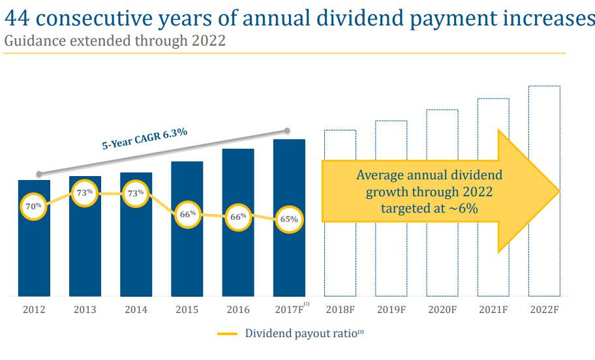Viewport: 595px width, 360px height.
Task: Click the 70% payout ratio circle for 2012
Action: pos(34,206)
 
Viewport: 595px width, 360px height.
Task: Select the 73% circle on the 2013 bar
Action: pos(85,193)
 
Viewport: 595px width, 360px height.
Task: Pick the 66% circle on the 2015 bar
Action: pos(187,215)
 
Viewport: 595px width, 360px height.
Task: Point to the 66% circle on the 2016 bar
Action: pos(238,217)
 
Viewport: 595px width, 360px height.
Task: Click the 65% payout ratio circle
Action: pos(289,220)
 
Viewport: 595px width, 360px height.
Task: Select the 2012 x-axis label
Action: pos(34,310)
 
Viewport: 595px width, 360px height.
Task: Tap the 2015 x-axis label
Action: pos(187,310)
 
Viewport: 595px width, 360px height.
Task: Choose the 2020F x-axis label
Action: pos(442,310)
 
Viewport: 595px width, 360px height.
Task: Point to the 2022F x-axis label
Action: pos(544,310)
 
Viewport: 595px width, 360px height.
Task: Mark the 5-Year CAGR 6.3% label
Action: pos(144,139)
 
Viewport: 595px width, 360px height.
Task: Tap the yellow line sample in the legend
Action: pos(227,334)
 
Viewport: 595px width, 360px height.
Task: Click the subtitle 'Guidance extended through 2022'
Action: pos(115,41)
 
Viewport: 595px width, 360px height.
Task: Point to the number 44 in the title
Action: pos(18,18)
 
